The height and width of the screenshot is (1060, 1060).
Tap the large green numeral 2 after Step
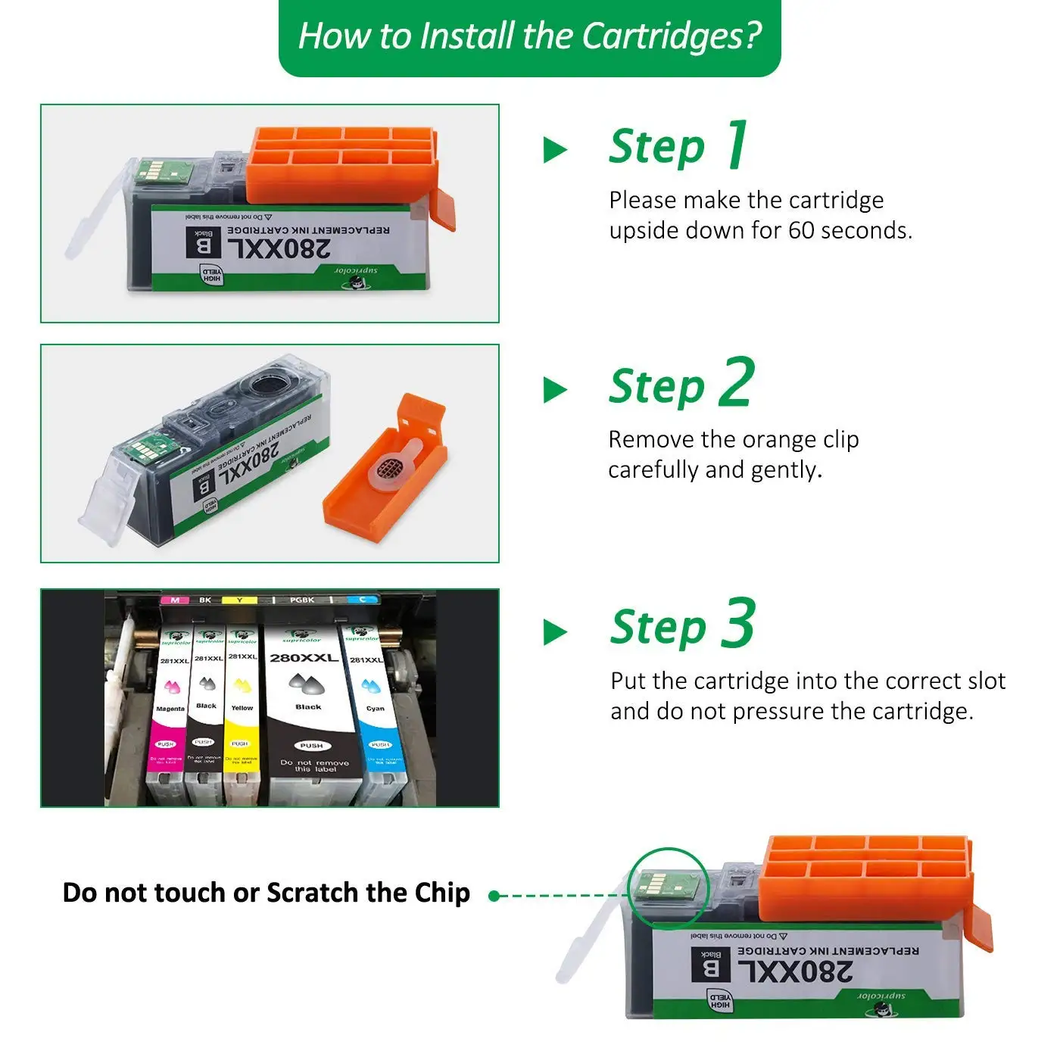click(737, 384)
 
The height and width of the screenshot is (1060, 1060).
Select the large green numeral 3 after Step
click(738, 624)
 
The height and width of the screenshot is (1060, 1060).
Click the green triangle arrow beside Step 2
click(555, 390)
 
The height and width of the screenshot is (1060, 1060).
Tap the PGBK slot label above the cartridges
click(301, 600)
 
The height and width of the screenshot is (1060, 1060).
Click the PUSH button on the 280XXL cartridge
click(311, 746)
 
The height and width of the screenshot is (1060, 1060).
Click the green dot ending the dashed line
click(494, 896)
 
